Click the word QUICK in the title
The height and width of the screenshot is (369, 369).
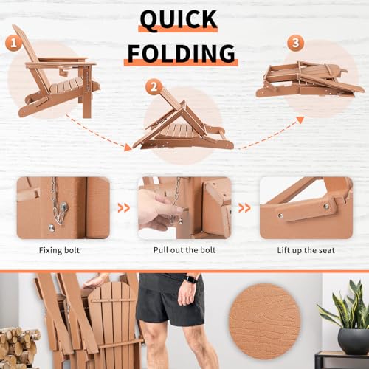click(179, 20)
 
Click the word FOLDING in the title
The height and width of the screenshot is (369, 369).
click(179, 53)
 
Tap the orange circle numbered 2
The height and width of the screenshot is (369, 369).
click(154, 86)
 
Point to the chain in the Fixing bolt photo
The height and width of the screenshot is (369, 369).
click(55, 199)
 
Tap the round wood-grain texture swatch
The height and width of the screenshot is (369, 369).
click(264, 323)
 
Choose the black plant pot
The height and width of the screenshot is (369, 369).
click(353, 341)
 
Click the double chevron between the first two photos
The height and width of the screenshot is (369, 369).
click(124, 208)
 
